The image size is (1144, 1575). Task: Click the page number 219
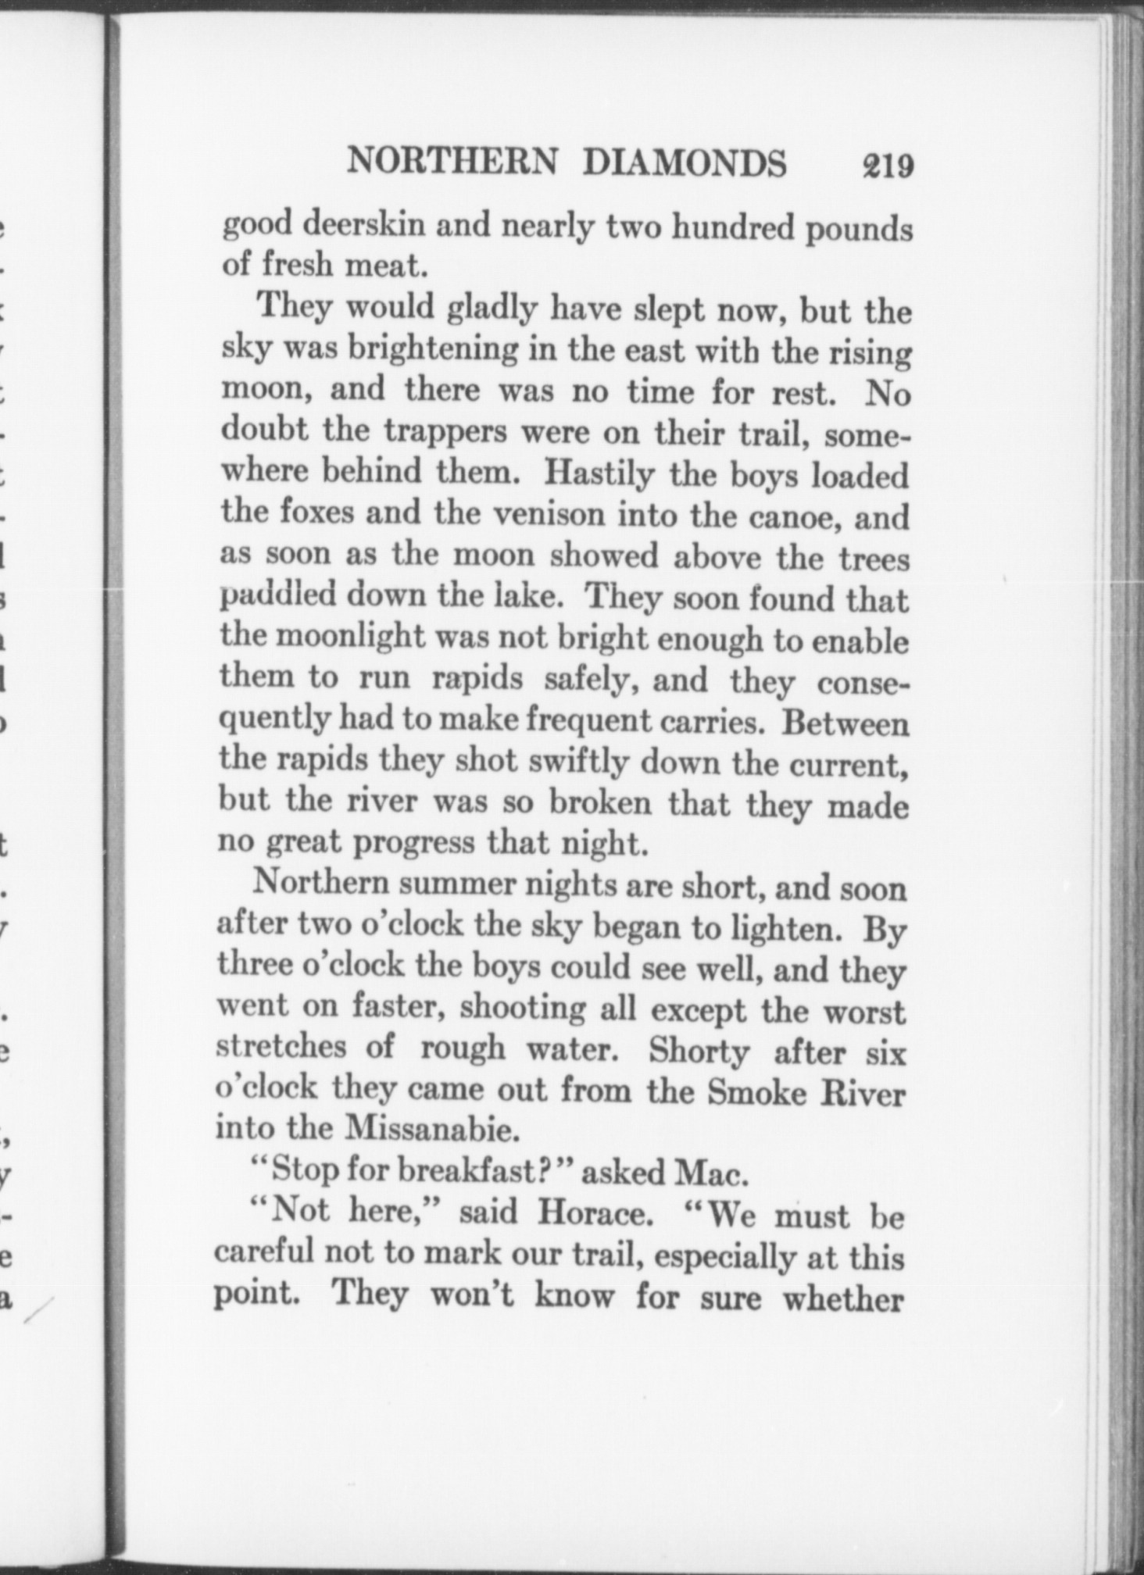(887, 166)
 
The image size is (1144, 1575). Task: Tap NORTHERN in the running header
(452, 162)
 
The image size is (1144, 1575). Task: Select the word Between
(845, 723)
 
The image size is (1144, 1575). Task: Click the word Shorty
(699, 1052)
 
